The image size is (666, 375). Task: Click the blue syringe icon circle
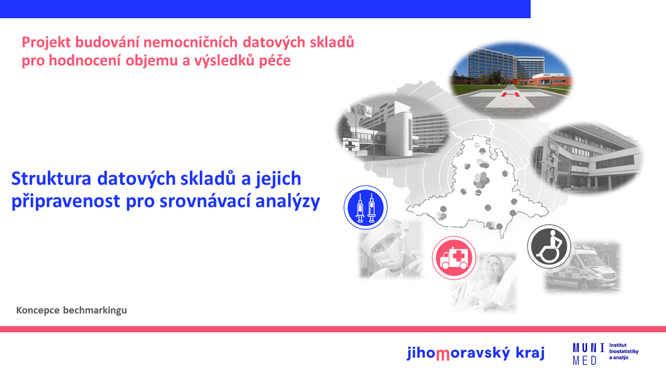(x=365, y=207)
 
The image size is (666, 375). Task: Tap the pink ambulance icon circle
(x=454, y=258)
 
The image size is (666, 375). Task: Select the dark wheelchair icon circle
(x=549, y=246)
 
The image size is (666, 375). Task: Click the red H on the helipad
(x=510, y=95)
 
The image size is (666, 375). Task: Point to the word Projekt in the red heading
(x=46, y=43)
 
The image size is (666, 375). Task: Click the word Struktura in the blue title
(x=51, y=179)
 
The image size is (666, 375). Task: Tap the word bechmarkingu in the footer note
(x=95, y=310)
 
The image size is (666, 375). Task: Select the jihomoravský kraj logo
(x=476, y=353)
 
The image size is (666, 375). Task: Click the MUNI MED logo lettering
(x=588, y=354)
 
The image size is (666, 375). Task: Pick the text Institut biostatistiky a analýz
(x=623, y=352)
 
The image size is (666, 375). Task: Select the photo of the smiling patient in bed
(x=483, y=283)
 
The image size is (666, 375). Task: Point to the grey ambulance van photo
(x=583, y=266)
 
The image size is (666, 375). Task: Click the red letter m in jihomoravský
(x=442, y=355)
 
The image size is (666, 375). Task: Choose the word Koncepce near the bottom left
(x=38, y=310)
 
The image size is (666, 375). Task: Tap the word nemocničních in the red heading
(x=190, y=42)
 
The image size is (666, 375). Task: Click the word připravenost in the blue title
(x=66, y=202)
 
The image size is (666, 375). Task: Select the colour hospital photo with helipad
(x=511, y=80)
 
